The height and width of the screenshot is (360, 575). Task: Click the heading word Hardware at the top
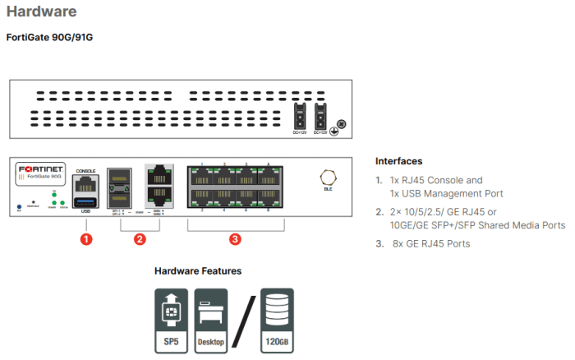[x=42, y=12]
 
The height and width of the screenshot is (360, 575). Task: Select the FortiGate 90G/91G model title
[x=49, y=38]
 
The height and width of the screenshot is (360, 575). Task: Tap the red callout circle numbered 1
[x=85, y=239]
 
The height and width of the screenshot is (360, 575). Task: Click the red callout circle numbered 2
[x=140, y=239]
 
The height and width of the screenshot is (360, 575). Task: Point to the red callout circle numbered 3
[x=235, y=239]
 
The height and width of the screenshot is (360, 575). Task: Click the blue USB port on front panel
[x=85, y=201]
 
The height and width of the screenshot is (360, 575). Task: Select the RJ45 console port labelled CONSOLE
[x=85, y=183]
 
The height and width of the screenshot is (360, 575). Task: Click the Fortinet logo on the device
[x=43, y=168]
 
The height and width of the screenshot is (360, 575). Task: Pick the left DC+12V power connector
[x=301, y=114]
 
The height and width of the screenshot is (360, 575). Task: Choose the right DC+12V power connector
[x=321, y=114]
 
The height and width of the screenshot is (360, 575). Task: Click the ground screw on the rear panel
[x=341, y=124]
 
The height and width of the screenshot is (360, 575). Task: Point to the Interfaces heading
[x=398, y=160]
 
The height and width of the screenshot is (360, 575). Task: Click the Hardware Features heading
[x=198, y=270]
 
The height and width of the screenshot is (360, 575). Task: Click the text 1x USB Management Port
[x=446, y=193]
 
